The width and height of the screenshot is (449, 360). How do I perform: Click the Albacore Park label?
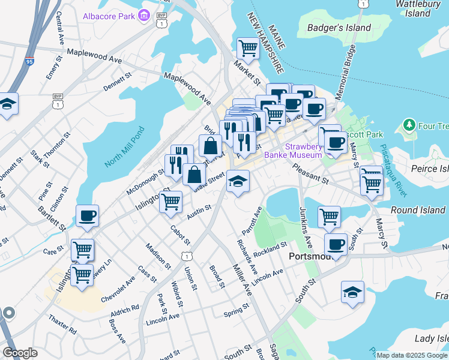[x=109, y=16]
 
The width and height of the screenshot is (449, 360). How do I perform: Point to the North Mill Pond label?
[x=125, y=148]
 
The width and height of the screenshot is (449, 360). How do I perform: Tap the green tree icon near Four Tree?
[x=409, y=126]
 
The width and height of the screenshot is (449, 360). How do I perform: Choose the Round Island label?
[x=418, y=210]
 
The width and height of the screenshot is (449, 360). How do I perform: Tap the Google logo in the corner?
[x=20, y=353]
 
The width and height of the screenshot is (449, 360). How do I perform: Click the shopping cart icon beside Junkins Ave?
[x=329, y=217]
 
